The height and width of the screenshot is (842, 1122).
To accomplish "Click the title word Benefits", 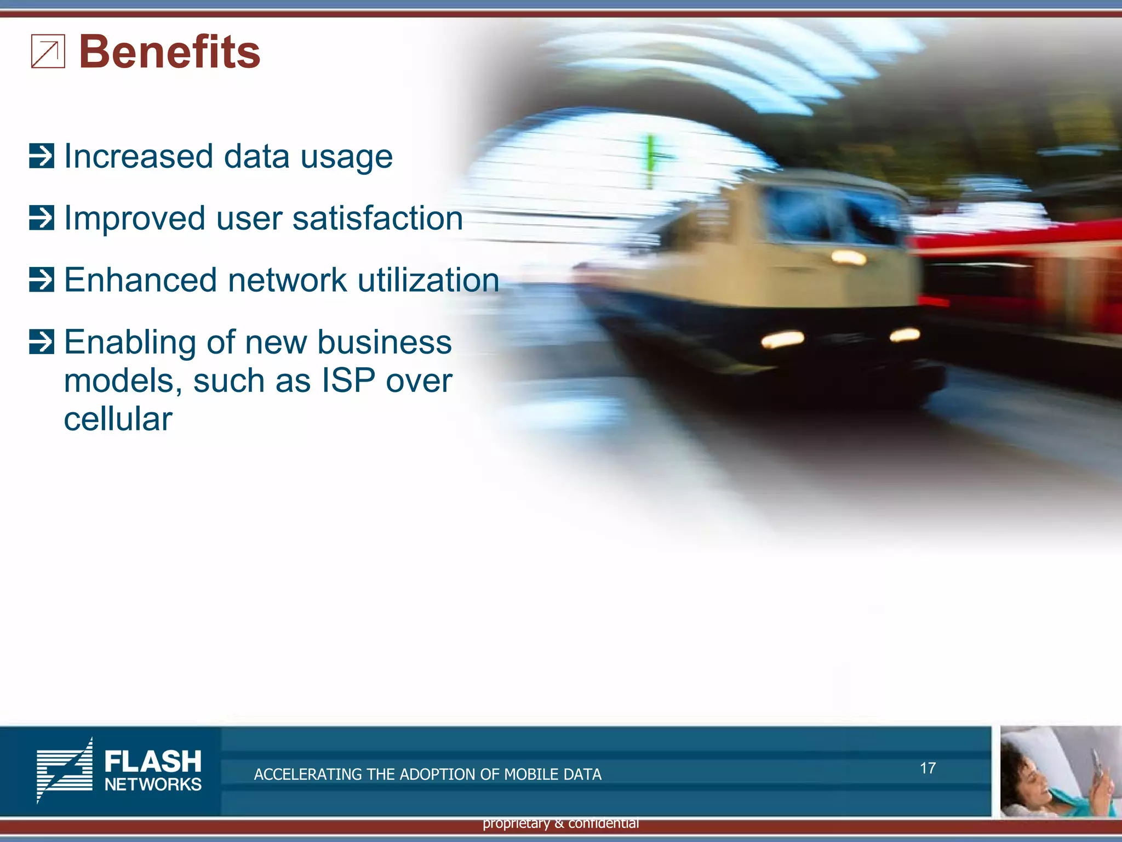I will coord(169,52).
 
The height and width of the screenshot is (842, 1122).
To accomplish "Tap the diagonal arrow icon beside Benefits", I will coord(48,52).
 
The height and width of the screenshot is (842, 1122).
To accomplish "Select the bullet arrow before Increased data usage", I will coord(42,156).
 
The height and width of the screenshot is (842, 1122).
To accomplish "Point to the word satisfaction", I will coord(377,218).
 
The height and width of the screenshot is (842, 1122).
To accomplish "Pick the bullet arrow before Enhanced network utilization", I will coord(42,280).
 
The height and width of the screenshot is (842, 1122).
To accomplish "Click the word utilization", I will coord(428,280).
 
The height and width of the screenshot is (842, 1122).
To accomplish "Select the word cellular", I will coord(118,419).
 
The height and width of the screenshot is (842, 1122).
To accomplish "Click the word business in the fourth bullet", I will coord(384,342).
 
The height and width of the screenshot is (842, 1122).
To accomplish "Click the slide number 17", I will coord(928,768).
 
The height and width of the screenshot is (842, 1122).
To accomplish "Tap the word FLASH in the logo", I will coord(153,762).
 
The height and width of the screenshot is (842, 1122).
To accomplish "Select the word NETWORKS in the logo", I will coord(153,784).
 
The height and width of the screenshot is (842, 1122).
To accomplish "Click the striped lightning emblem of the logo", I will coord(65,770).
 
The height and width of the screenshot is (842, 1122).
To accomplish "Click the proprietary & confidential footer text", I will coord(560,823).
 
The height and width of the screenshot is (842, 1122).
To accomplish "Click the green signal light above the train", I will coord(651,159).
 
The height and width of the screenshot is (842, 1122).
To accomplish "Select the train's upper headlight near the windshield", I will coord(848,257).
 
